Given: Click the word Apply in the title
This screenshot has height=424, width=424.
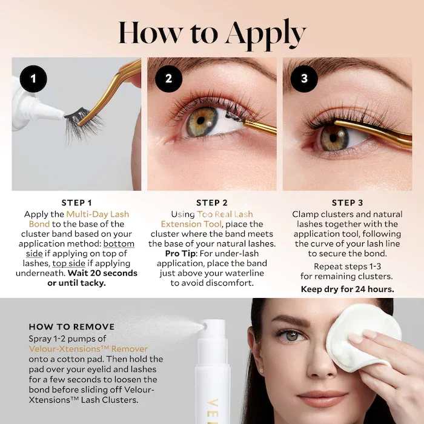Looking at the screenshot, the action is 266,35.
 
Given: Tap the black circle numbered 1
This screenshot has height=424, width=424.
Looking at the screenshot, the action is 33,79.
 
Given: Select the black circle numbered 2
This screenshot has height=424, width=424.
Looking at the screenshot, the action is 169,79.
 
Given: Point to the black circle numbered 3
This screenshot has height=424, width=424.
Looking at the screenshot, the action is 304,79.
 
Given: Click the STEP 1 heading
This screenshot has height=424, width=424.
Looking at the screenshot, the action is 76,202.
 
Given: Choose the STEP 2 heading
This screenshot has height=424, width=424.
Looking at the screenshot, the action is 212,202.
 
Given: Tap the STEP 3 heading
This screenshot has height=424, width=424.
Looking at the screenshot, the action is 348,202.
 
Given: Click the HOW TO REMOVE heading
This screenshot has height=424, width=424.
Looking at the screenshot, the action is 71,326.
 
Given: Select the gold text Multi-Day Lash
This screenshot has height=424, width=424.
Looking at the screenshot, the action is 98,214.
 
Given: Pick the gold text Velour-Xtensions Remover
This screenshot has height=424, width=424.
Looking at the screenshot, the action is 88,349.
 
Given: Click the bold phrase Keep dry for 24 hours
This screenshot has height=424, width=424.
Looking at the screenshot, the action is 348,290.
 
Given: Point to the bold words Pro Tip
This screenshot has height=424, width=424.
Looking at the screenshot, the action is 181,254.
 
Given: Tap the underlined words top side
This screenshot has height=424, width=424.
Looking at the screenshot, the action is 68,263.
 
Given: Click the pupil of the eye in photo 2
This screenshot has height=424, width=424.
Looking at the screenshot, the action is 200,121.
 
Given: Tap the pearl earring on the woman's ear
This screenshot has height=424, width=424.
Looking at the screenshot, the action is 261,369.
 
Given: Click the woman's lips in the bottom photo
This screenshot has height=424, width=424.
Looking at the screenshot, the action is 321,398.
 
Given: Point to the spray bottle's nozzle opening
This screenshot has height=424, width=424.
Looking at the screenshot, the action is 205,327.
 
